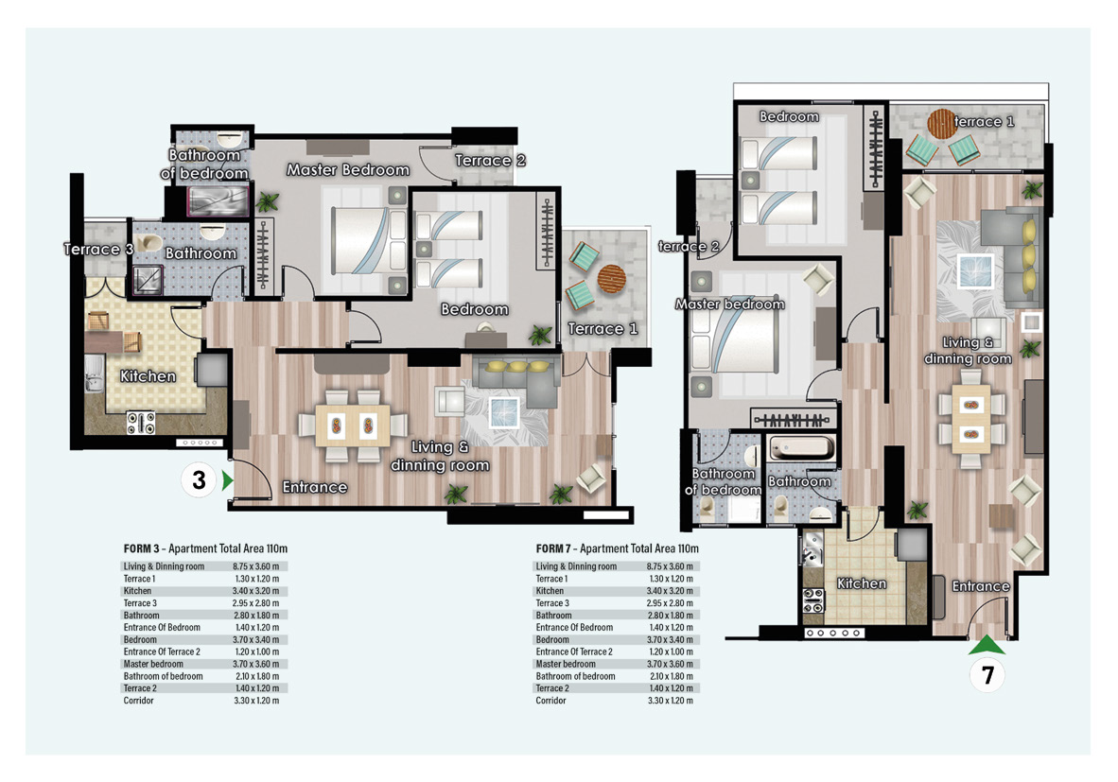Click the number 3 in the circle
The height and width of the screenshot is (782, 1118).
pyautogui.click(x=199, y=480)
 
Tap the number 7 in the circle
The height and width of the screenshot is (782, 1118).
pyautogui.click(x=987, y=675)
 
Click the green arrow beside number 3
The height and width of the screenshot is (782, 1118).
pyautogui.click(x=227, y=480)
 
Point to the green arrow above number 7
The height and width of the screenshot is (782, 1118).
pyautogui.click(x=987, y=645)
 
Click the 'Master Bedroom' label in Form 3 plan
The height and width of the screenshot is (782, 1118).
pyautogui.click(x=348, y=169)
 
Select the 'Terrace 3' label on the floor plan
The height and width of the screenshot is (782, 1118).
pyautogui.click(x=98, y=249)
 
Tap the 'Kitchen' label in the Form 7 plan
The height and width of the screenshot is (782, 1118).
pyautogui.click(x=862, y=583)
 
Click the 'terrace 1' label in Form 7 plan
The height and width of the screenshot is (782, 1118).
pyautogui.click(x=984, y=121)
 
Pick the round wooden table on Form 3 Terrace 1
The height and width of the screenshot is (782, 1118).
pyautogui.click(x=611, y=279)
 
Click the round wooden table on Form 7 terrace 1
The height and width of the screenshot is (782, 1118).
pyautogui.click(x=941, y=123)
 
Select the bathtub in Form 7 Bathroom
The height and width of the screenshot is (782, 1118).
pyautogui.click(x=801, y=448)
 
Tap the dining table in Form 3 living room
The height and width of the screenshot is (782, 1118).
pyautogui.click(x=353, y=426)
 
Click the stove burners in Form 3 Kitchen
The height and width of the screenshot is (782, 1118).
pyautogui.click(x=141, y=423)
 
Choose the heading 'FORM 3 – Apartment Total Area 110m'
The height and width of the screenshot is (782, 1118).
pyautogui.click(x=205, y=548)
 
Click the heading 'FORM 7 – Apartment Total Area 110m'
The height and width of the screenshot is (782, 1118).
pyautogui.click(x=618, y=548)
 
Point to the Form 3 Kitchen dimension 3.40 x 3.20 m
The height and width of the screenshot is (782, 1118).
pyautogui.click(x=256, y=591)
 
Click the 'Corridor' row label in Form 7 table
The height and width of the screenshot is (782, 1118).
pyautogui.click(x=551, y=701)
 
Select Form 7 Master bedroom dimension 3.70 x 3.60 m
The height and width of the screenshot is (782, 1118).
pyautogui.click(x=670, y=664)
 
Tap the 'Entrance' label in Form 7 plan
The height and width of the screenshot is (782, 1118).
pyautogui.click(x=981, y=586)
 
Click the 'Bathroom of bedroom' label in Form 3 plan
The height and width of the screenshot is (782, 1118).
pyautogui.click(x=204, y=164)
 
